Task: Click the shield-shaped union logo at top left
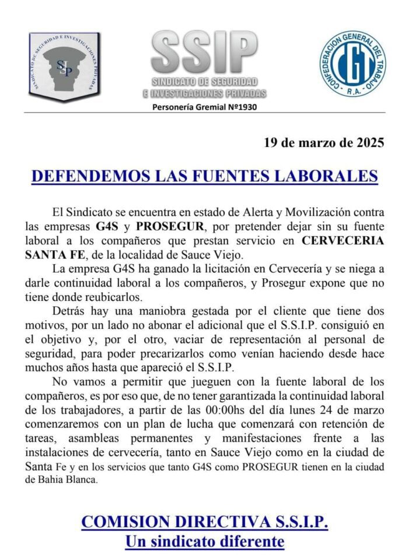(64, 65)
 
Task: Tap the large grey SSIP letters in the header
(204, 52)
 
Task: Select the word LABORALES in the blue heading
(327, 176)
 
